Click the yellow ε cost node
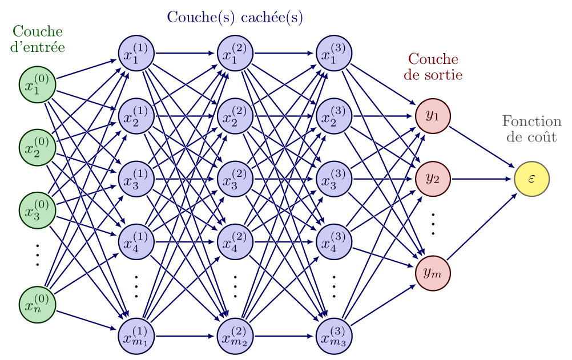tap(531, 179)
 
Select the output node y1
tap(433, 116)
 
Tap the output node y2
tap(433, 179)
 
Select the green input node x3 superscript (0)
tap(38, 210)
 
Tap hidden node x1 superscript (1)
tap(136, 53)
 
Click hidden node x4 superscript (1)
tap(136, 241)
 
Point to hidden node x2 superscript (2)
tap(235, 116)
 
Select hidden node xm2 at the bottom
tap(235, 336)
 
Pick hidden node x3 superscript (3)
tap(334, 179)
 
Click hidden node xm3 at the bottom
tap(334, 336)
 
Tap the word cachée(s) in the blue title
tap(272, 18)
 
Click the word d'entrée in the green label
tap(38, 47)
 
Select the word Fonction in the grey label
tap(531, 122)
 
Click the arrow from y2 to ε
tap(482, 179)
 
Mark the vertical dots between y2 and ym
tap(433, 224)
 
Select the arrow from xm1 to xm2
tap(186, 336)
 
